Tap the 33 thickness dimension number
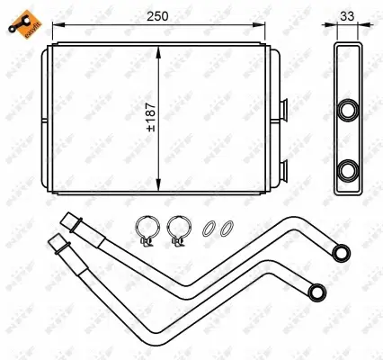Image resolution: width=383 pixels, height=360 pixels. (x=347, y=16)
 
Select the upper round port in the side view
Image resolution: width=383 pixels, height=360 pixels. (x=347, y=109)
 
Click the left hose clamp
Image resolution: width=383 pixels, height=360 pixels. (x=147, y=231)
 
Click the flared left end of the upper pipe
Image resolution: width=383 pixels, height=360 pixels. (x=68, y=220)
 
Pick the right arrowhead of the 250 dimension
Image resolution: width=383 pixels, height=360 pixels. (x=273, y=30)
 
